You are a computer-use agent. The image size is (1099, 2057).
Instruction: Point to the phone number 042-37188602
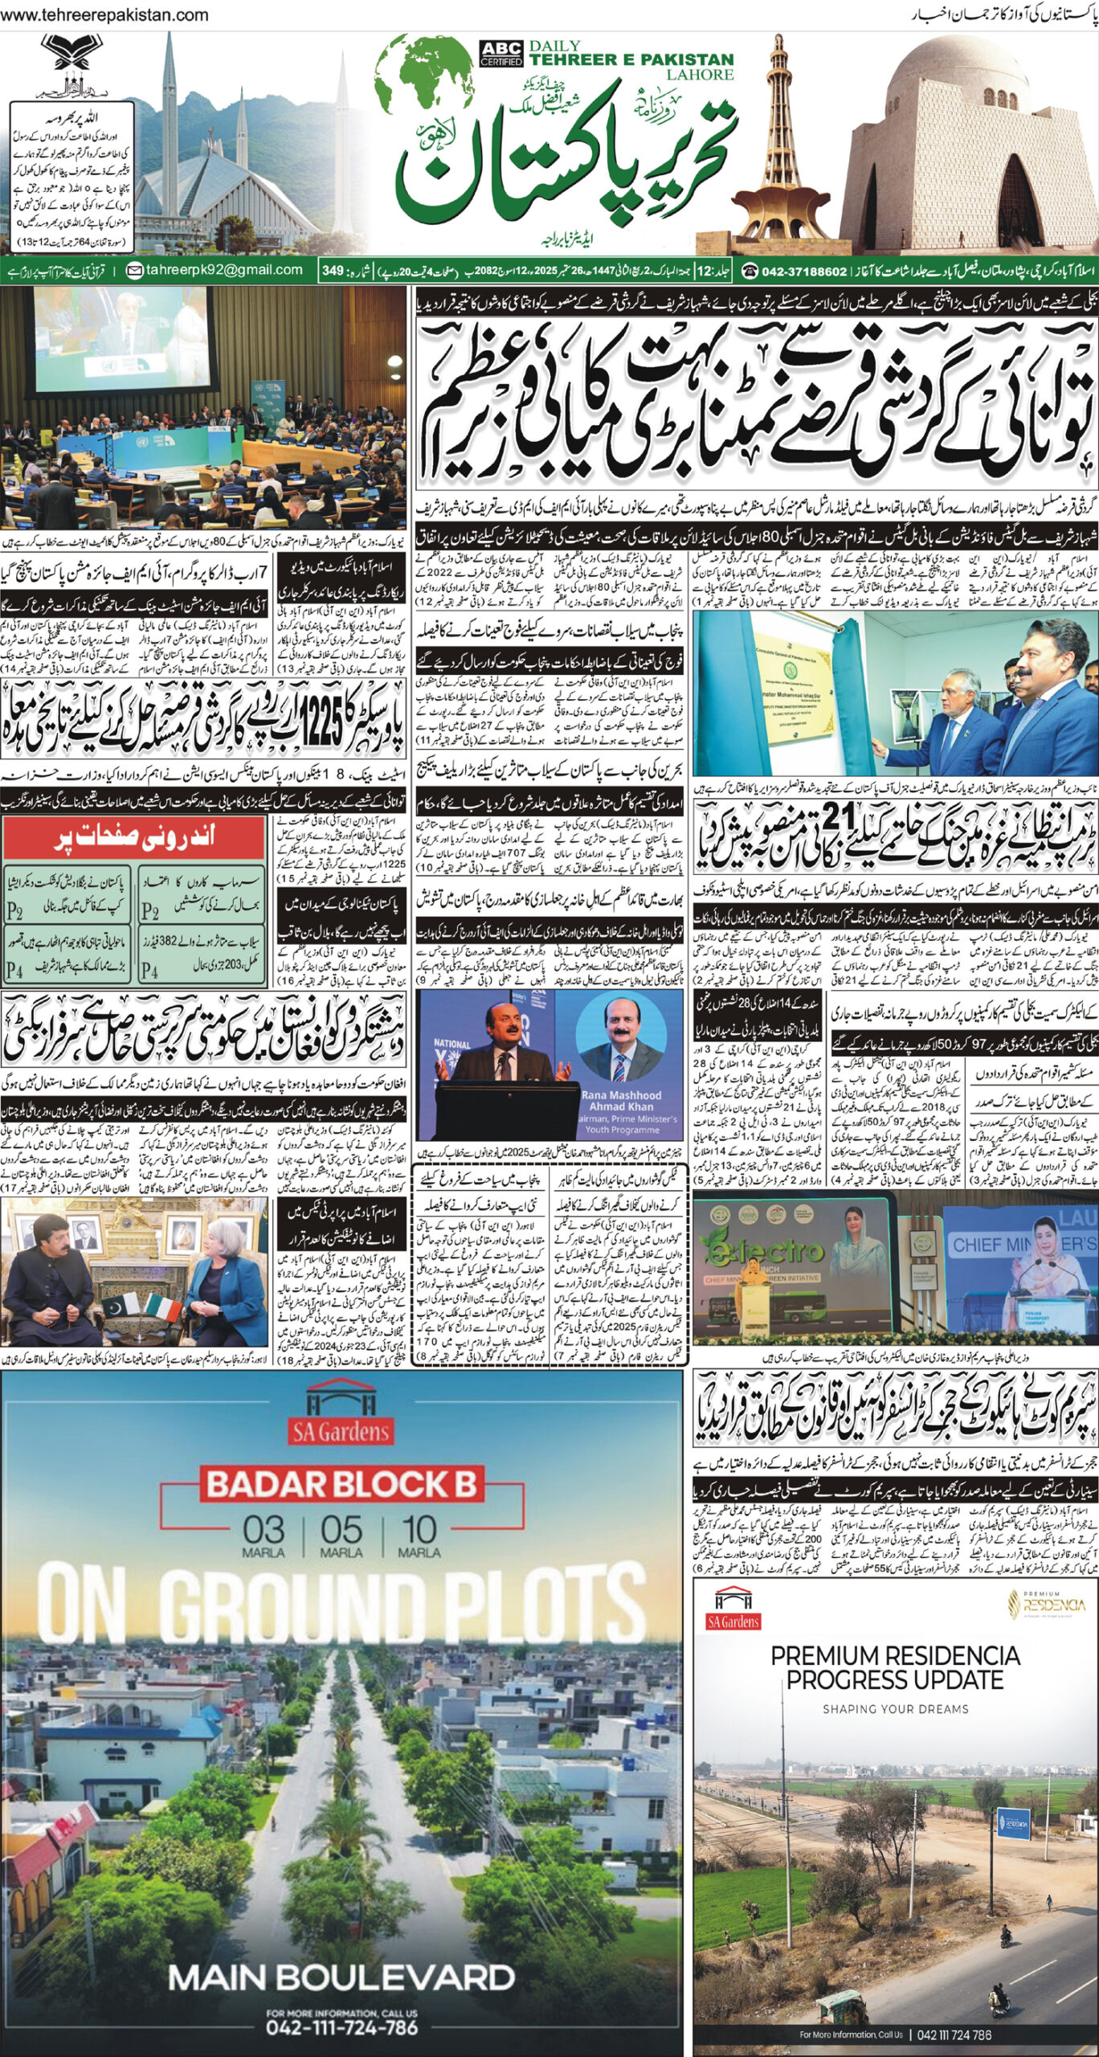coord(794,271)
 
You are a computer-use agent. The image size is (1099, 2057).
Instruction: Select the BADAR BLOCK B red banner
coord(341,1460)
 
